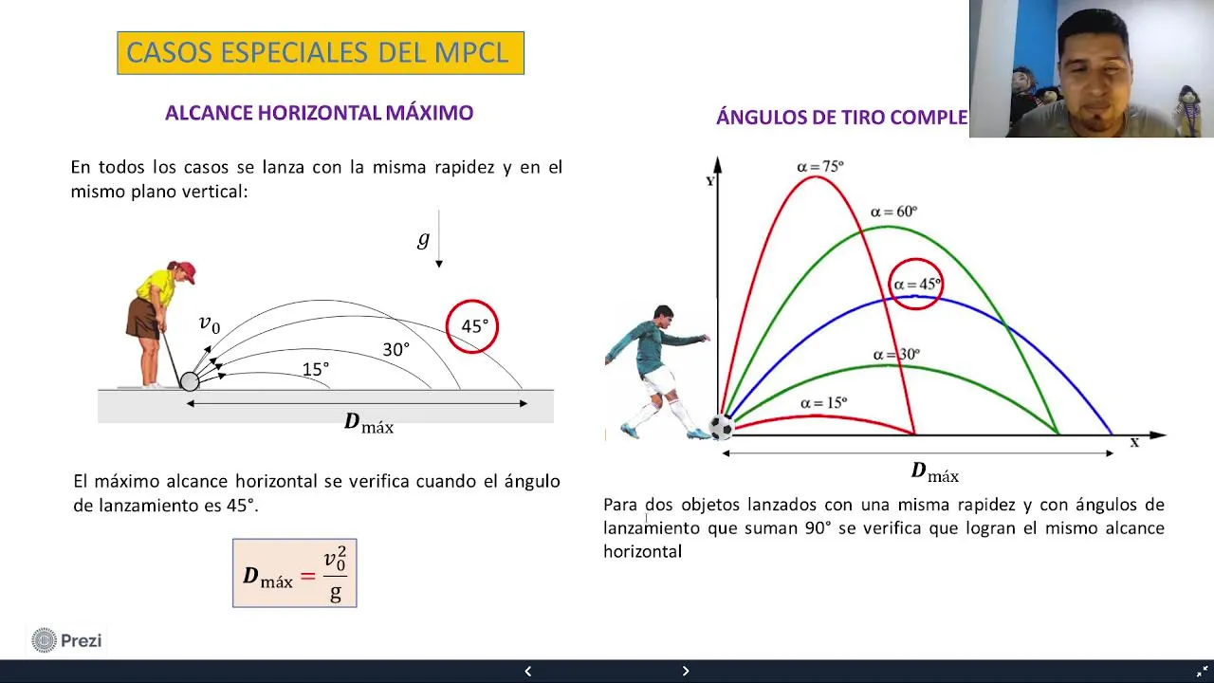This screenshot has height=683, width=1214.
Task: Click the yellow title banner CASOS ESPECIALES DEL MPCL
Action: click(x=321, y=52)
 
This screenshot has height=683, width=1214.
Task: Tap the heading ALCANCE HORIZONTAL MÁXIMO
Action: click(x=320, y=113)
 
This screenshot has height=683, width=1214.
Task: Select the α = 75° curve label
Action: click(x=820, y=166)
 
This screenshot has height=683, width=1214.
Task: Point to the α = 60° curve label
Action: click(x=893, y=211)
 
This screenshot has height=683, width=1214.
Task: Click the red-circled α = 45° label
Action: click(x=916, y=284)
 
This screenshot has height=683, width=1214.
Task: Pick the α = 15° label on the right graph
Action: click(x=824, y=403)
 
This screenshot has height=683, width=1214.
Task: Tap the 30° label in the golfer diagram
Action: click(x=396, y=350)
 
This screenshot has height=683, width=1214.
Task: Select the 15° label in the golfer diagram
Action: click(x=316, y=370)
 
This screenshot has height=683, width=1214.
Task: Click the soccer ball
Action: click(x=722, y=427)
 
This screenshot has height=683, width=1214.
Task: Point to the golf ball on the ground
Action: click(x=190, y=381)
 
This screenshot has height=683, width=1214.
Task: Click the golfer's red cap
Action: click(x=187, y=270)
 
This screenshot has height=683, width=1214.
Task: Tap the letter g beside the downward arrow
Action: click(x=423, y=238)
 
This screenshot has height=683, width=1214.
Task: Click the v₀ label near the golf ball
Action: click(x=210, y=323)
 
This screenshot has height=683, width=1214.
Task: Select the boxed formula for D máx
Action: click(x=295, y=573)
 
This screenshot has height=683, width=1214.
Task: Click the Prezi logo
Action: click(x=66, y=640)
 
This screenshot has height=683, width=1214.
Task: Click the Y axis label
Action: click(x=710, y=181)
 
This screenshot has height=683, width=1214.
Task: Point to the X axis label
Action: click(x=1134, y=443)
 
